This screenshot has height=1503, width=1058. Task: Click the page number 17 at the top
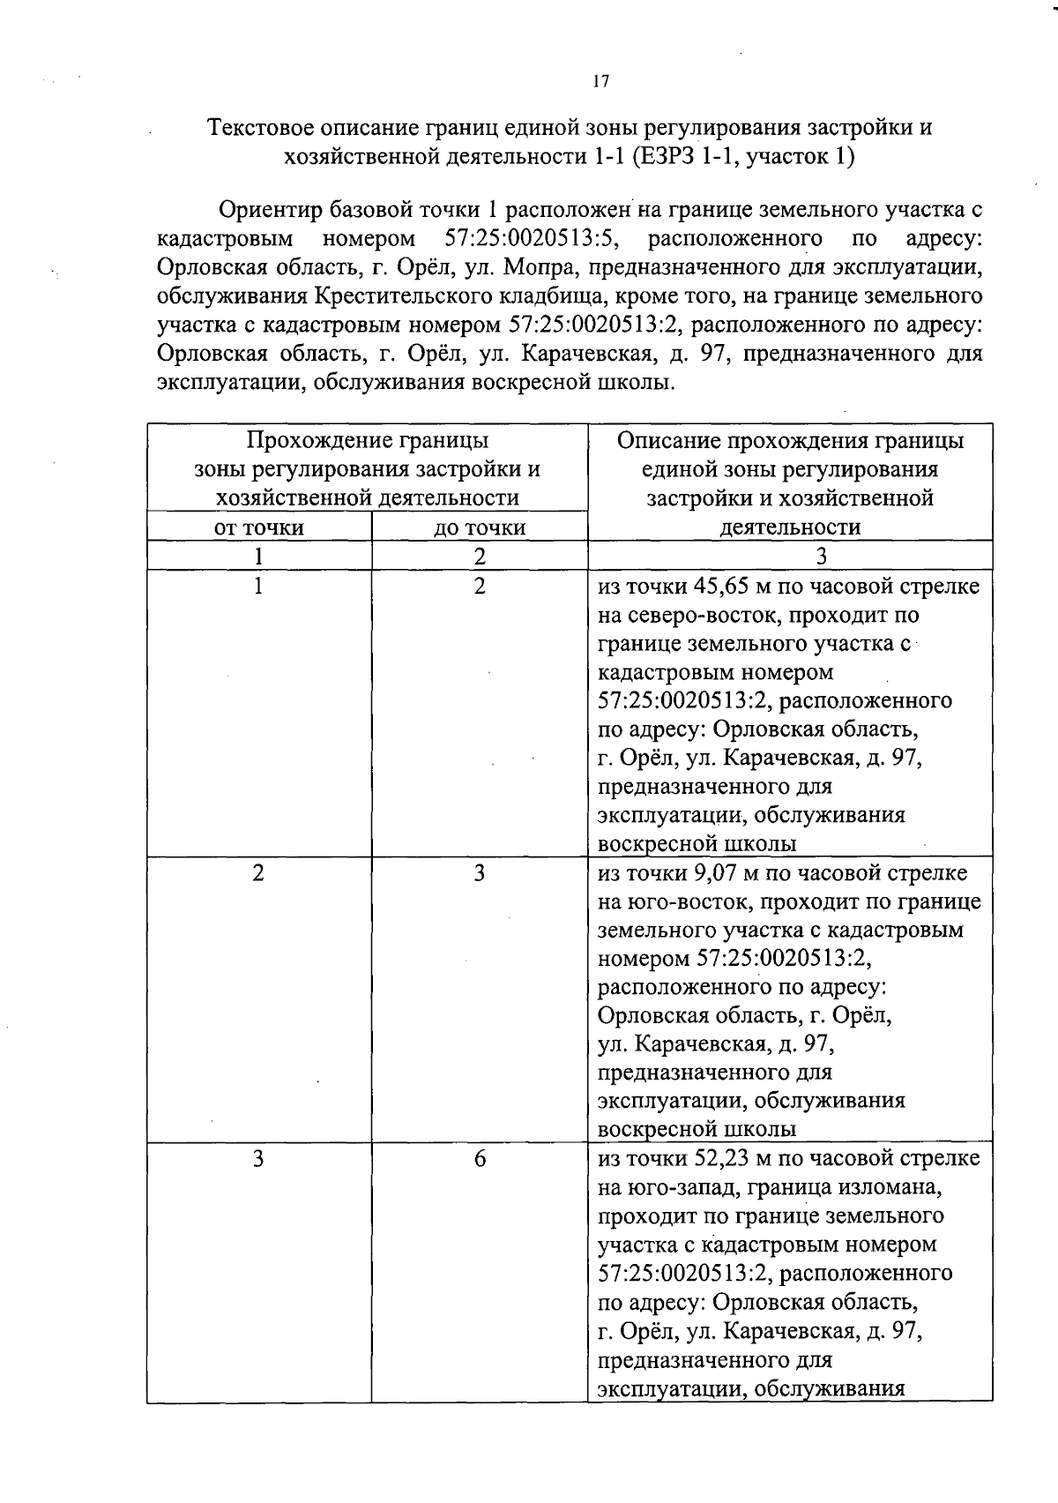click(x=600, y=81)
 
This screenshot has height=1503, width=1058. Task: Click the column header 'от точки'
click(x=259, y=527)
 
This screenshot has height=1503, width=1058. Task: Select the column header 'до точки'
click(x=480, y=527)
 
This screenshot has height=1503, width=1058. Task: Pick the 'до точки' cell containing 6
click(x=480, y=1158)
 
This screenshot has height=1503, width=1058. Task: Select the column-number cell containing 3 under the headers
click(x=821, y=556)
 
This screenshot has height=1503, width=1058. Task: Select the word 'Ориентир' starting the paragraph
click(x=270, y=210)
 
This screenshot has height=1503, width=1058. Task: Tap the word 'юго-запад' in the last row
click(x=678, y=1187)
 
